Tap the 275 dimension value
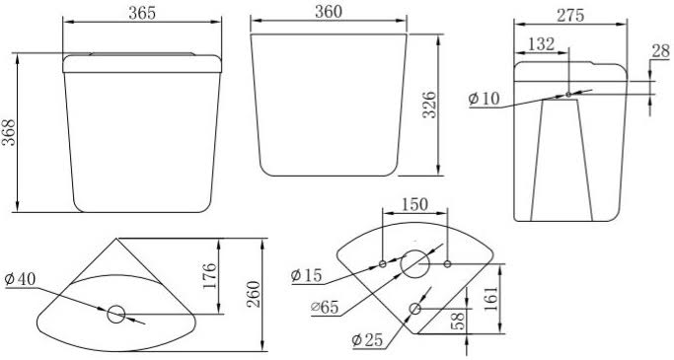[570, 15]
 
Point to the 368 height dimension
[10, 126]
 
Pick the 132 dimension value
[542, 44]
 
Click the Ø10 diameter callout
[485, 99]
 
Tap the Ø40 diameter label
[20, 279]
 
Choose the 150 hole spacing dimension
[413, 204]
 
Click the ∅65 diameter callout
[324, 307]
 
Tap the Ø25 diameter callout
[368, 341]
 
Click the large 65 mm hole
[415, 263]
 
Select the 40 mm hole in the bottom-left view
[115, 315]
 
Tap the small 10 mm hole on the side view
[567, 95]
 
